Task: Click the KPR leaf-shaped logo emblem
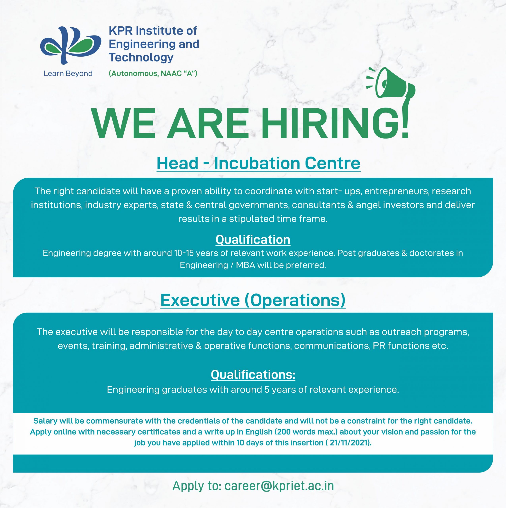[x=70, y=45]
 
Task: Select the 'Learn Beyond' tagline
[x=68, y=73]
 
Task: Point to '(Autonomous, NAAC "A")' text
[x=153, y=73]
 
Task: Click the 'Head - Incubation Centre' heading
[x=258, y=163]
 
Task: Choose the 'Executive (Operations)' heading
[x=253, y=300]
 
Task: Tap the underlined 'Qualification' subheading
[x=253, y=240]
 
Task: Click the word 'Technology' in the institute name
[x=141, y=57]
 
